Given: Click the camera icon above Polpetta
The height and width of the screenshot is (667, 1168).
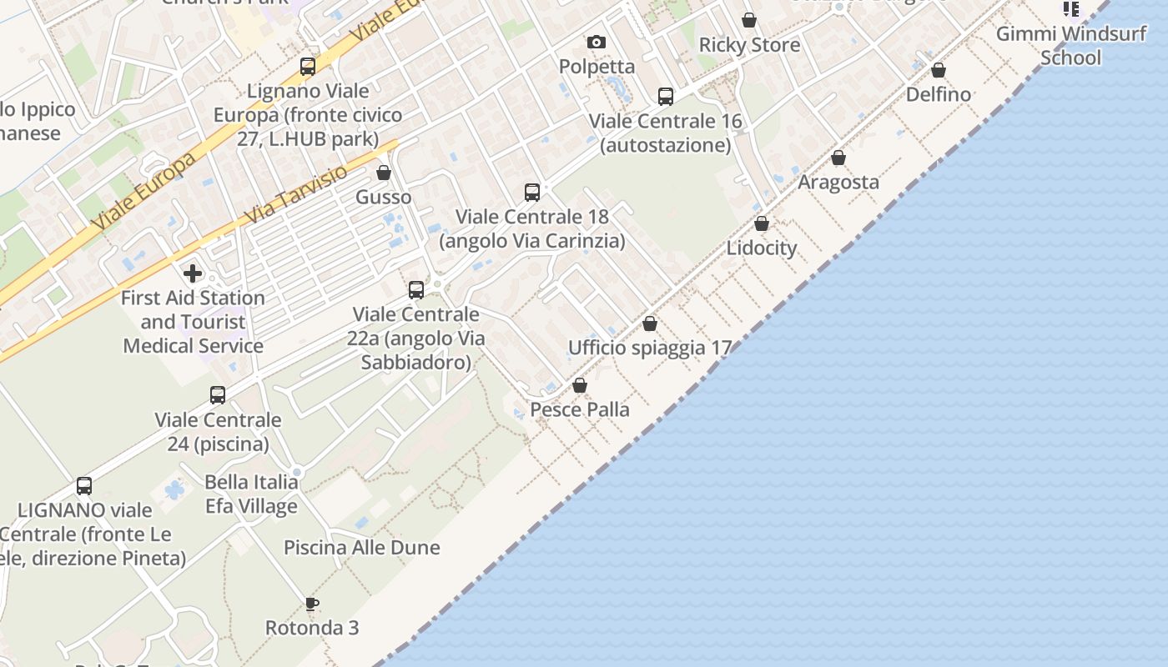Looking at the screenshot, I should tap(596, 42).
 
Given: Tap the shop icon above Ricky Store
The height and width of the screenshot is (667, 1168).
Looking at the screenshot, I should tap(749, 20).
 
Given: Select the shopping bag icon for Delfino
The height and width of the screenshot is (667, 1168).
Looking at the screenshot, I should tap(939, 70).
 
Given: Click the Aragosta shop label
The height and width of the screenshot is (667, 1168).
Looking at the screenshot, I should tap(838, 182).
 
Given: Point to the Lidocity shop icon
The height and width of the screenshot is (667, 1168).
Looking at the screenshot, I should tap(762, 223).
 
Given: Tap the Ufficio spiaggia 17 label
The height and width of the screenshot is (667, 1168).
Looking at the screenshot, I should tap(650, 348).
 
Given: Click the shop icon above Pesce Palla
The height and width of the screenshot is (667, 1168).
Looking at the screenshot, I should tap(580, 385).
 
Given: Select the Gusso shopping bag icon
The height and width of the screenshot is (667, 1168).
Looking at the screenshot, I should tap(384, 173).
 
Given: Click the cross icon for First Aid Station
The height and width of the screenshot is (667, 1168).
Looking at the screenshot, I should tap(193, 273).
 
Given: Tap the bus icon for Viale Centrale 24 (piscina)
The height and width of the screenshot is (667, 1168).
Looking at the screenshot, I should tap(218, 395).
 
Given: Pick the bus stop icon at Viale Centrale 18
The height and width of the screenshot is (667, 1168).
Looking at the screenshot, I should tap(532, 193).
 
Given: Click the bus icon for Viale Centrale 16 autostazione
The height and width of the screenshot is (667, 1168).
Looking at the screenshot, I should tap(666, 97).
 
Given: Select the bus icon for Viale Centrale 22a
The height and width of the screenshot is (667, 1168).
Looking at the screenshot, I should tap(416, 290).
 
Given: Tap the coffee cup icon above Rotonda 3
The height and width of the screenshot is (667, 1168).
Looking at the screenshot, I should tap(312, 604).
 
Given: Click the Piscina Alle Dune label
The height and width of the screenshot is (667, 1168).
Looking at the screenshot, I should tap(362, 548).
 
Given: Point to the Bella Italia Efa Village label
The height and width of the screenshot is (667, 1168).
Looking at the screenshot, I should tap(251, 494).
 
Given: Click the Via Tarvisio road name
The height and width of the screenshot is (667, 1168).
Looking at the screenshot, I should tap(296, 194).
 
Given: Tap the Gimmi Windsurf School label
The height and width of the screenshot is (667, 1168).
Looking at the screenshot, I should tap(1071, 46).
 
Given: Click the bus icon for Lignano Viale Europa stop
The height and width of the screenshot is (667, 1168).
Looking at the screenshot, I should tap(308, 67).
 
